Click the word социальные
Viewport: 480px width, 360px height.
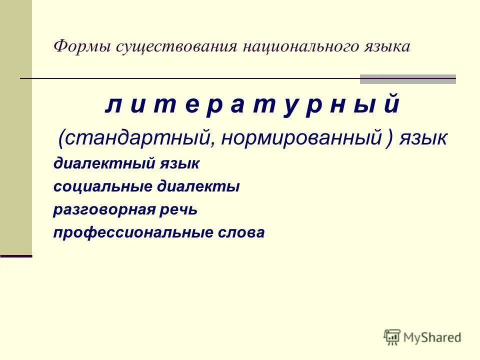(x=102, y=186)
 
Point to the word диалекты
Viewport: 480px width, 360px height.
(x=198, y=186)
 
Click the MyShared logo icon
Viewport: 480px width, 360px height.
(x=393, y=337)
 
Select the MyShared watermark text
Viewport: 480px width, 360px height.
(x=432, y=337)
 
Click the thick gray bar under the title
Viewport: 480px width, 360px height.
(x=407, y=79)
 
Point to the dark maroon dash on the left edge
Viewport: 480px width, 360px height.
(x=16, y=255)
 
